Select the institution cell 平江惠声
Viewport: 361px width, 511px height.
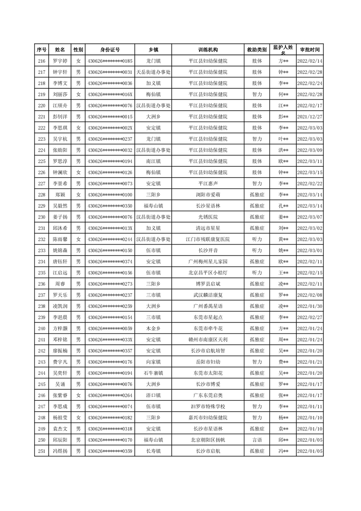click(x=208, y=184)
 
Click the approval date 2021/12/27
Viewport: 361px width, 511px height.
click(x=310, y=117)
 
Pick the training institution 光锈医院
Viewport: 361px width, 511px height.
click(x=208, y=217)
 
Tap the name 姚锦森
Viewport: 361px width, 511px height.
click(x=60, y=250)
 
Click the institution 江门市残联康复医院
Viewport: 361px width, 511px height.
click(x=208, y=239)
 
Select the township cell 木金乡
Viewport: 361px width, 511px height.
click(x=153, y=328)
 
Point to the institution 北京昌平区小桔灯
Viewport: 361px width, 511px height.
click(x=208, y=273)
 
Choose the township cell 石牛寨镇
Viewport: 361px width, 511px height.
click(x=153, y=373)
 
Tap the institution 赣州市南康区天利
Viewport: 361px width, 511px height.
click(x=208, y=340)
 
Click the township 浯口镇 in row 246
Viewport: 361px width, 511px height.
click(x=153, y=395)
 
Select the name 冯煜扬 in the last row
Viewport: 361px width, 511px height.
click(x=60, y=451)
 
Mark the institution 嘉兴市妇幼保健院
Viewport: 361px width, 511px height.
click(x=208, y=418)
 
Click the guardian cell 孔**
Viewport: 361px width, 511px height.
click(x=283, y=206)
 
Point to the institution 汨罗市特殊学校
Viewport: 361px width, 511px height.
click(x=208, y=406)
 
